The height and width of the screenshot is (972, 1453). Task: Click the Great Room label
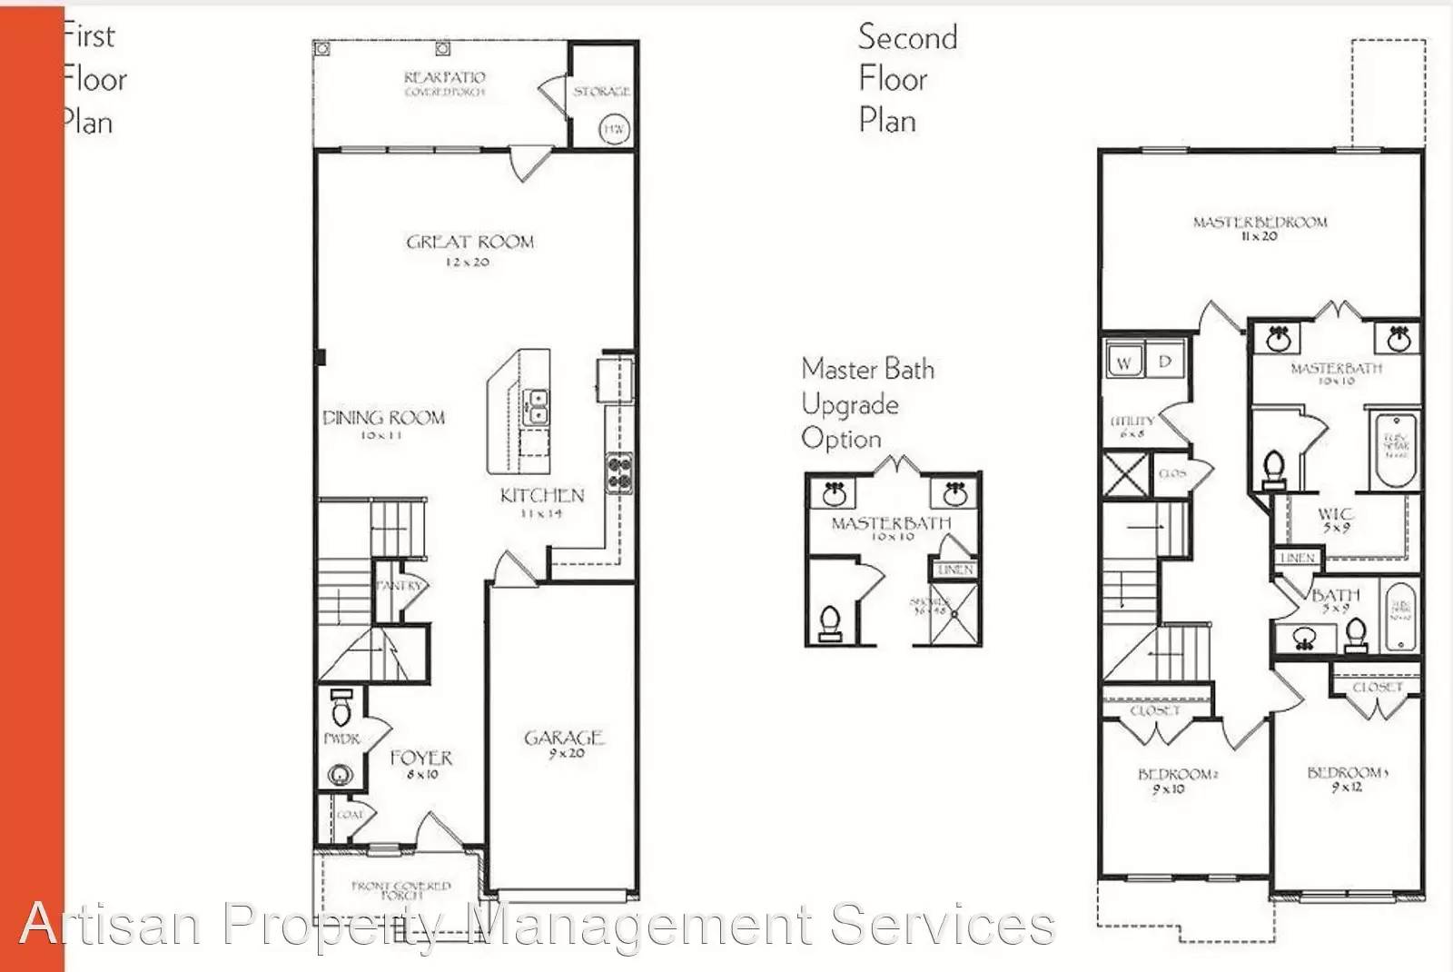470,243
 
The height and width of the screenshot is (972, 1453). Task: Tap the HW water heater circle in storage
615,130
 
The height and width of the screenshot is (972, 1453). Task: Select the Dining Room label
383,418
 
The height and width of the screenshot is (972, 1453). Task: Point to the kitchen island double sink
537,406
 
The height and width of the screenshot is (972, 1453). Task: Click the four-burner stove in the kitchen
619,472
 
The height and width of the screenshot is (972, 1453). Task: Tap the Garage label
564,738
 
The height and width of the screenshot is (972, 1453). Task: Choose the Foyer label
420,758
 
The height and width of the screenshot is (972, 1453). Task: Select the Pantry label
400,585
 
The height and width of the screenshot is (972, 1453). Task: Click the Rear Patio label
444,78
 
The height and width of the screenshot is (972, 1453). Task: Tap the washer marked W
1124,362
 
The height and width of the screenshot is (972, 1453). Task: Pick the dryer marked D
1165,362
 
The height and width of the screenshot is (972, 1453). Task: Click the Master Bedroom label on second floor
1260,222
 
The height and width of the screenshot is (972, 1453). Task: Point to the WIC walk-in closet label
1335,514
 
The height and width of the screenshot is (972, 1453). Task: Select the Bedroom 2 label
1177,774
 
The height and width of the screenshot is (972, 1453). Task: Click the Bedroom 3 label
1348,772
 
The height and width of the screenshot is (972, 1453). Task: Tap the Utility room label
1132,421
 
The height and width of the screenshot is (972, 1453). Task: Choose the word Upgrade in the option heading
850,404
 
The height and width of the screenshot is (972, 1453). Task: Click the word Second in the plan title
907,37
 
